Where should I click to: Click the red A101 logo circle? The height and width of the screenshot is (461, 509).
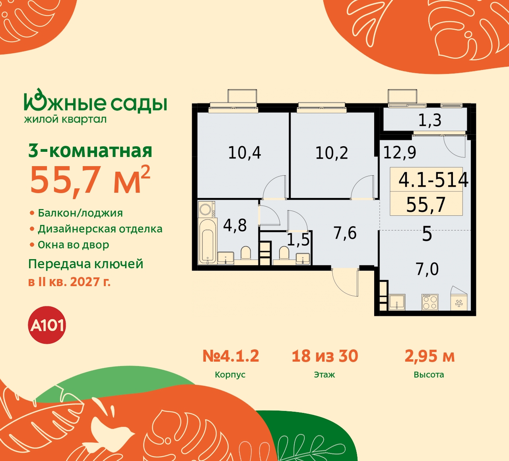coord(47,325)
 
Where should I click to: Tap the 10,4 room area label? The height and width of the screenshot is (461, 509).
coord(244,153)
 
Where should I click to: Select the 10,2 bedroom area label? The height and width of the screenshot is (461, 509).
coord(332,153)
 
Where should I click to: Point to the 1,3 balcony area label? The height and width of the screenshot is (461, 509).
coord(429,120)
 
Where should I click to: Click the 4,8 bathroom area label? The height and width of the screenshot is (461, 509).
coord(235,225)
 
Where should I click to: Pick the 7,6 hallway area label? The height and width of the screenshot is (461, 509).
coord(345,233)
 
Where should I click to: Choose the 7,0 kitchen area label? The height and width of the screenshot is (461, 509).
coord(427,269)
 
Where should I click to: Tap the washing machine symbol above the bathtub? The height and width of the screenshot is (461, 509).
coord(206,209)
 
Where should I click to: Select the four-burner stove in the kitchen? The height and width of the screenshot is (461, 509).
coord(430,302)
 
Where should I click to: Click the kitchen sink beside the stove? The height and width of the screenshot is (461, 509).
coord(397,302)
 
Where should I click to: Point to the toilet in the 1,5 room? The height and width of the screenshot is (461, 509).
coord(284,253)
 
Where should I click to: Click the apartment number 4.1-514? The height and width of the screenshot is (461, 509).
coord(433,180)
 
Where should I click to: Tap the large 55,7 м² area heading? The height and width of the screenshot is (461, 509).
coord(90,180)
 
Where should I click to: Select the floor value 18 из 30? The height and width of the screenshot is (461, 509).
coord(325,356)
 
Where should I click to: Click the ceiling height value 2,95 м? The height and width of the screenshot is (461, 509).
coord(429,356)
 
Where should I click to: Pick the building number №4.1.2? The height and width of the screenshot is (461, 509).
coord(231,356)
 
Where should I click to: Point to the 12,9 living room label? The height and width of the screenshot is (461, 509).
coord(400,153)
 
